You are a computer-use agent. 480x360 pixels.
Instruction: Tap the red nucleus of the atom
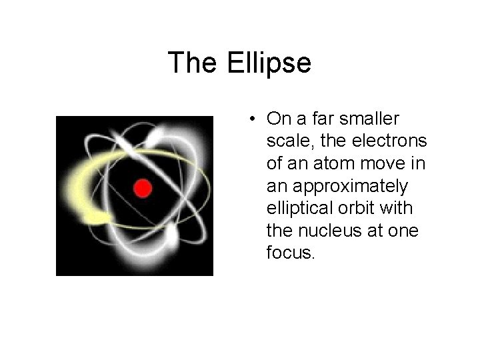tap(141, 189)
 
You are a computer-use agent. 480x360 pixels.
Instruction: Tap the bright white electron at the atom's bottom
tap(171, 234)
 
